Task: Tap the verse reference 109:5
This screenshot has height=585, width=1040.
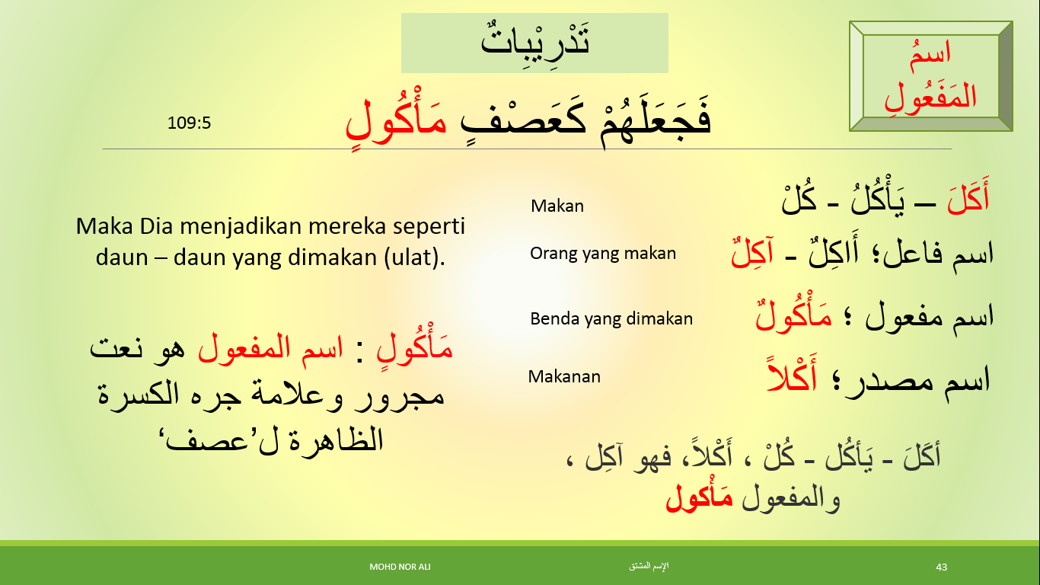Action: (189, 122)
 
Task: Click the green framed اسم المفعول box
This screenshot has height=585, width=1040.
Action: (930, 76)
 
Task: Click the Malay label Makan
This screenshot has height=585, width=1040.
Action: (557, 206)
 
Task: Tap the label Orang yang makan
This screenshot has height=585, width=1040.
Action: (603, 254)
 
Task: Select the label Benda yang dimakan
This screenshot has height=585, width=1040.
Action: (611, 318)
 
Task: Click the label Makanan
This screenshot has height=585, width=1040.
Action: (564, 376)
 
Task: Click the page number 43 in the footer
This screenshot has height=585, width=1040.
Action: (942, 567)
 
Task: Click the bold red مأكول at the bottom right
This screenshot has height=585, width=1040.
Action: (699, 497)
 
